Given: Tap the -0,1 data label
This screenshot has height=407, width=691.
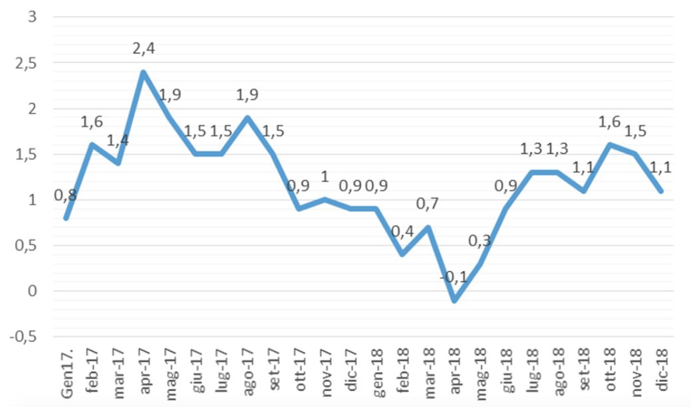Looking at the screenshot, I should tap(454, 276).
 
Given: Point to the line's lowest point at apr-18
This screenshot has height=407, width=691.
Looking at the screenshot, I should tap(454, 300).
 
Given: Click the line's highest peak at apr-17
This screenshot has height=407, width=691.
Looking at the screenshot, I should tap(143, 71).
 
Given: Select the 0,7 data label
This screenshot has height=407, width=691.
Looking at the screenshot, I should tap(428, 203).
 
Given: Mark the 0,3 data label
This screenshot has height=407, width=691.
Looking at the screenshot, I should tap(479, 240).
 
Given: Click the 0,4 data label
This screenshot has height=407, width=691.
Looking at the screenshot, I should tap(402, 232).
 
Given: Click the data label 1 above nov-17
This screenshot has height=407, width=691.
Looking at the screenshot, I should tap(325, 177).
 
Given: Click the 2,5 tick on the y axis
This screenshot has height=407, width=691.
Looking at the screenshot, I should tap(24, 62).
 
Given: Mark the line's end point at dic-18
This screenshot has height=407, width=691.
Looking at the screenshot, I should tap(662, 191).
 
